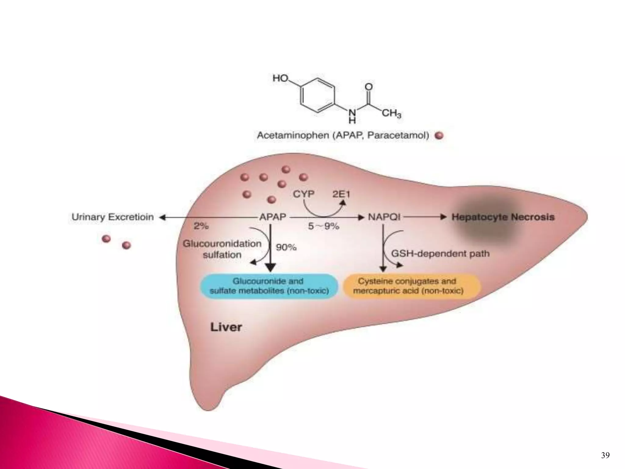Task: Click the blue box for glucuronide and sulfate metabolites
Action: tap(269, 286)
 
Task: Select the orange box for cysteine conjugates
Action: tap(411, 286)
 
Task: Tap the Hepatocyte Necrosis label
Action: tap(503, 217)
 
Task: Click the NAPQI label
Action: tap(384, 217)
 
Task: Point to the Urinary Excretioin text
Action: tap(112, 217)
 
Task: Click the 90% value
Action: tap(286, 247)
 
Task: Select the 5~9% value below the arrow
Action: tap(323, 226)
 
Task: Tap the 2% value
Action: tap(201, 226)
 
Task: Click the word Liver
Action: tap(226, 327)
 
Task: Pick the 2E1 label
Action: tap(341, 194)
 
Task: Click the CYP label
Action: tap(303, 194)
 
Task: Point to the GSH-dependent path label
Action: tap(440, 253)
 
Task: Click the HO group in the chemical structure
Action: tap(280, 78)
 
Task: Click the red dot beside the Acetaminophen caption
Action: tap(439, 136)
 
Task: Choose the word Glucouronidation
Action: tap(222, 244)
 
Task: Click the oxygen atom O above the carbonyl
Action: tap(369, 87)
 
